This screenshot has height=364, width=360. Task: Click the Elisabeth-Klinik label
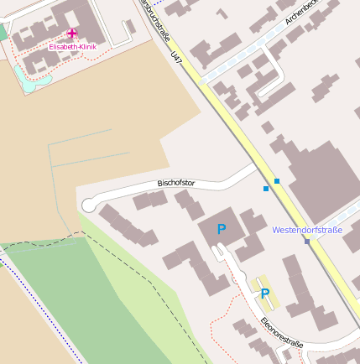click(x=72, y=47)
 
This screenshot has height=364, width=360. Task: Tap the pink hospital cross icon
click(x=72, y=34)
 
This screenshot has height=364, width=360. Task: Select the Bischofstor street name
click(x=176, y=182)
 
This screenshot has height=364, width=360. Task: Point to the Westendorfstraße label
click(x=307, y=230)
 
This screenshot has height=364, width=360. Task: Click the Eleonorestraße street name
click(x=280, y=332)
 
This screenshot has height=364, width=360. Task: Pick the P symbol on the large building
click(x=222, y=228)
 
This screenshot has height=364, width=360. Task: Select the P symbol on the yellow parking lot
click(x=265, y=294)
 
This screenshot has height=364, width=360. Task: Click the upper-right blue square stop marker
click(x=277, y=180)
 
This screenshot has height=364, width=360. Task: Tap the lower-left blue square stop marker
click(x=266, y=189)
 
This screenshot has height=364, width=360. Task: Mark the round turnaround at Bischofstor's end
click(x=88, y=205)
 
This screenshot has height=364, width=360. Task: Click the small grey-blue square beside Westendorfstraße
click(x=307, y=242)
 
